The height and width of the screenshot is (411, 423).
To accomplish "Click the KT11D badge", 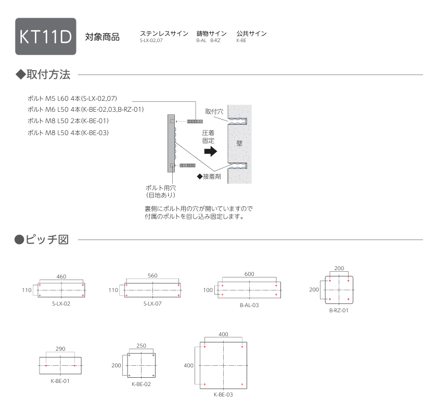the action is coord(46,36).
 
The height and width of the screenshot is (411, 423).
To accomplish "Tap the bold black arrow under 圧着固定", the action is coord(211,151).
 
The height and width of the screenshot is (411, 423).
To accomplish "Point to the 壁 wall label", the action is coord(239,143).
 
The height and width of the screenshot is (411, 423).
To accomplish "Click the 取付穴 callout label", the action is coord(214,111).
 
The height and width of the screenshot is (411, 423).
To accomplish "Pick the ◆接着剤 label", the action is coord(209,177).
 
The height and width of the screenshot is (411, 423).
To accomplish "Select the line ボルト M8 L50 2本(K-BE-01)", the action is coord(68,121).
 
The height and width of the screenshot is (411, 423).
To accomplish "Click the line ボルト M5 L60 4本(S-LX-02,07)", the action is coord(72,98).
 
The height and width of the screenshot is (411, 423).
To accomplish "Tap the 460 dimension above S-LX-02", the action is coord(61,276).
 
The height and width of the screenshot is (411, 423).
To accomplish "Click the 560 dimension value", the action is coord(152,275).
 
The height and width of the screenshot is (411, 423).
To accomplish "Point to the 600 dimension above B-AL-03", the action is coord(249,274).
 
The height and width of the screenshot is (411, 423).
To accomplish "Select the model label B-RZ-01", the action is coord(339,310).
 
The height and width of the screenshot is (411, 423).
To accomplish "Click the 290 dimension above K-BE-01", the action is coord(60,349).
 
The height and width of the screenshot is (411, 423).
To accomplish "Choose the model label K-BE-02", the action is coord(141,384).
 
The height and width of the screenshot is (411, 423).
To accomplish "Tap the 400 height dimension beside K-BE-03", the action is coord(188,365).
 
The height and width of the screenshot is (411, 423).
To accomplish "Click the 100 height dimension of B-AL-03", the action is coord(208,290).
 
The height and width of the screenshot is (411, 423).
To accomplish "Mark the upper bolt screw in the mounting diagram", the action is coord(195,122).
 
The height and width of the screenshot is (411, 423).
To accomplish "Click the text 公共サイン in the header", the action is coord(251,33).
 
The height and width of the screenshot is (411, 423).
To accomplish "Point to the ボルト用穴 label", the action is coord(161,188).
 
